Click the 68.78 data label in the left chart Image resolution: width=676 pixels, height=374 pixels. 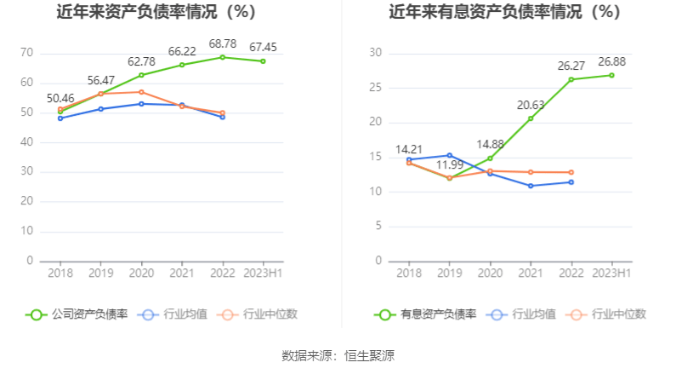222,43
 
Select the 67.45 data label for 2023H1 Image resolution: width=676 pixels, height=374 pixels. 264,47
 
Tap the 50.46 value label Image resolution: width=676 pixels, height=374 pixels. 60,98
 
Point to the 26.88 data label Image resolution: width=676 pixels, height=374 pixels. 611,61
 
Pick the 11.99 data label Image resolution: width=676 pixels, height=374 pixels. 450,164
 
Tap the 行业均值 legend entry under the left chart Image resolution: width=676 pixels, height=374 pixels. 173,314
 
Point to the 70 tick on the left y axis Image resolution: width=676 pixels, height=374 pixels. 26,53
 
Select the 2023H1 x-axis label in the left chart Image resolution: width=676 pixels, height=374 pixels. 263,273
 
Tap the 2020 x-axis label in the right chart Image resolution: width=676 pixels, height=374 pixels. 490,273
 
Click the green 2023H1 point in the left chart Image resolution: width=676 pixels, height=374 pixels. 263,61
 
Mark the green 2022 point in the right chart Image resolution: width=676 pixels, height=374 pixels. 571,79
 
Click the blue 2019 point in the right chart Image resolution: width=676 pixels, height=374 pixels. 449,155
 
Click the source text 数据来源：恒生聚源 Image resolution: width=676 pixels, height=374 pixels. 338,356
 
